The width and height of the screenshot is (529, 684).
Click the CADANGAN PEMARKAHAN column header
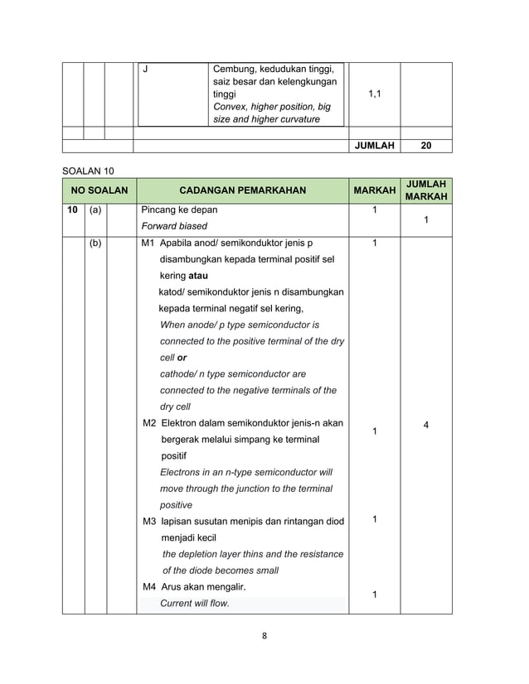coord(242,190)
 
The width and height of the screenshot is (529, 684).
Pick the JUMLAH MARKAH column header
coord(426,190)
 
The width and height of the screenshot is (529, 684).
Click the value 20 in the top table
coord(426,146)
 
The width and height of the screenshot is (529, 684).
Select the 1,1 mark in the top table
coord(374,94)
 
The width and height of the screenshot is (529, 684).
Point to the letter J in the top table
coord(145,68)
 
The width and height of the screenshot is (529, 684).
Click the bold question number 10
coord(72,210)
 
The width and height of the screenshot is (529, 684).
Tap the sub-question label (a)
coord(95,210)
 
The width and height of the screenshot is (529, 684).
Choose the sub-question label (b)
coord(95,244)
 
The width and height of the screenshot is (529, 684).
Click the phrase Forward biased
coord(174,226)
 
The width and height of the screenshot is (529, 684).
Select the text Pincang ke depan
coord(180,210)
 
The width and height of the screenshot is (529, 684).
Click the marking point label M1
coord(149,244)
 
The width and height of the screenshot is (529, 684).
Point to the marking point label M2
coord(149,423)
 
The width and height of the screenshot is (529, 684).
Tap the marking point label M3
coord(149,521)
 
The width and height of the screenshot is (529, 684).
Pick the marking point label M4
coord(149,587)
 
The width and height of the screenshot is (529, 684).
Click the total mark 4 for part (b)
coord(426,425)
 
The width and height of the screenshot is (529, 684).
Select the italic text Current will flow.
coord(195,604)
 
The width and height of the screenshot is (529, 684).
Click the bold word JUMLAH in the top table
coord(374,146)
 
